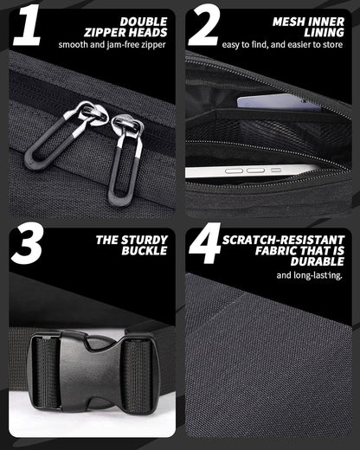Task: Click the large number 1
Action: tap(28, 25)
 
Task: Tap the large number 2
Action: tap(204, 25)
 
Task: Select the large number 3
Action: tap(27, 244)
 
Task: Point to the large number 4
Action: tap(204, 244)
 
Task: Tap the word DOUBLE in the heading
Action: tap(144, 22)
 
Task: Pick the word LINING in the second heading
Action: tap(324, 33)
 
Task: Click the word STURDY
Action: tap(145, 240)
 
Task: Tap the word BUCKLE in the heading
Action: tap(145, 251)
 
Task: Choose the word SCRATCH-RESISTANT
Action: tap(283, 240)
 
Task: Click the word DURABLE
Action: tap(318, 261)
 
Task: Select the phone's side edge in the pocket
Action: tap(251, 171)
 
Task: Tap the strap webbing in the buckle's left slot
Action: tap(47, 373)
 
